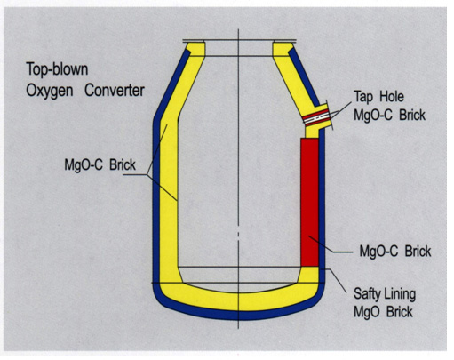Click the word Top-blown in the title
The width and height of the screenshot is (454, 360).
tap(57, 69)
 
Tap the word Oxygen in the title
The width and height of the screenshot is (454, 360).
tap(50, 91)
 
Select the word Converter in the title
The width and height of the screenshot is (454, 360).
tap(115, 90)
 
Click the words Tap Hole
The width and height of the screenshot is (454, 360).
tap(378, 97)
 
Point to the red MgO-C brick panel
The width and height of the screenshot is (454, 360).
tap(310, 202)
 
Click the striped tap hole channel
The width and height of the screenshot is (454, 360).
tap(316, 116)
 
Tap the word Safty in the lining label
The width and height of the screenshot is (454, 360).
tap(367, 294)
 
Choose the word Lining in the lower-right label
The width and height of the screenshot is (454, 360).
tap(400, 294)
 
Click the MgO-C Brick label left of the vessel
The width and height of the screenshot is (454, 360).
tap(100, 164)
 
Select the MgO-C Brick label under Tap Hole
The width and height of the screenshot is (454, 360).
tap(389, 115)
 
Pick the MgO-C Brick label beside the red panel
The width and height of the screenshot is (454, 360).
tap(395, 252)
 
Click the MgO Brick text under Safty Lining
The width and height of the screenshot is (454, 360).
tap(383, 312)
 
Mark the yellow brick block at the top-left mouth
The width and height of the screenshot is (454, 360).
tap(195, 49)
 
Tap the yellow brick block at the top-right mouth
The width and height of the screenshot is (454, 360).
tap(283, 49)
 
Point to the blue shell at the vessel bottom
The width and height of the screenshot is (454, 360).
tap(239, 316)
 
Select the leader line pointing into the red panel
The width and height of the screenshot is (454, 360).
tap(331, 245)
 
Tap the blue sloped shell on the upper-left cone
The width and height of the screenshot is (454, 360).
tap(171, 84)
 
